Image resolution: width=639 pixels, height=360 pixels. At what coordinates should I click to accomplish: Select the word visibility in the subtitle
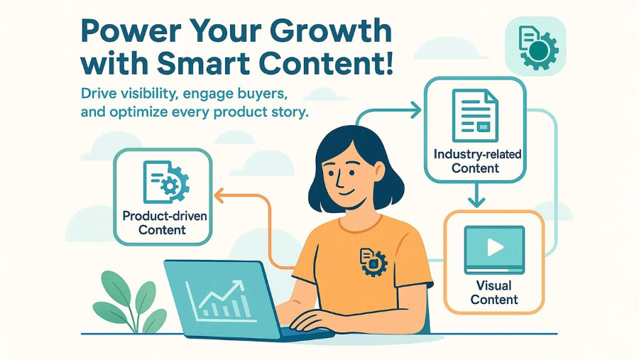(x=150, y=94)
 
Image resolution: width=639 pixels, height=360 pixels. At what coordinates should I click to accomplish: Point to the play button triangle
(x=495, y=247)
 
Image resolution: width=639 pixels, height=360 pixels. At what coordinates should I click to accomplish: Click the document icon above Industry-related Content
(x=475, y=115)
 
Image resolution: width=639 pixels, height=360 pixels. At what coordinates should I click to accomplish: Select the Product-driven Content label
(x=164, y=223)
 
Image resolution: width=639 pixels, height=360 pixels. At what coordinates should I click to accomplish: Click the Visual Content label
(x=494, y=293)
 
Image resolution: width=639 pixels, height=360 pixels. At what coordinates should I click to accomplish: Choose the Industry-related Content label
(x=477, y=161)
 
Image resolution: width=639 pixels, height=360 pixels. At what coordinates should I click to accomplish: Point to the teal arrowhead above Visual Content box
(x=476, y=202)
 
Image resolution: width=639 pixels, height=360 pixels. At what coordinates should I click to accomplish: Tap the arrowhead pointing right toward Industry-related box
(x=415, y=110)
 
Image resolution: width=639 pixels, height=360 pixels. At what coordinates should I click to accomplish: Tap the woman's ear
(x=379, y=171)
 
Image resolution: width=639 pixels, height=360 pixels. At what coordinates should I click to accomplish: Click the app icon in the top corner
(x=535, y=46)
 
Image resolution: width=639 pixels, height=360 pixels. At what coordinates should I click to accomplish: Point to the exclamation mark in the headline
(x=388, y=64)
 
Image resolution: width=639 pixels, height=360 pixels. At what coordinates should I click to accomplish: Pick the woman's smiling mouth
(x=346, y=191)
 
